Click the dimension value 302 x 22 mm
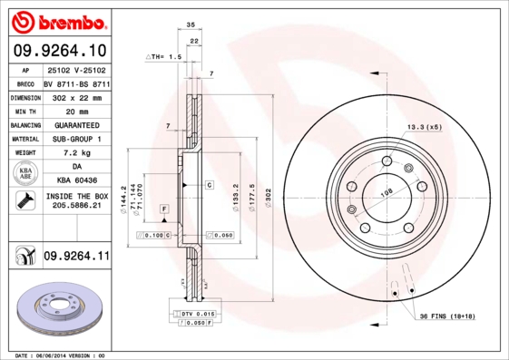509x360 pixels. (x=77, y=95)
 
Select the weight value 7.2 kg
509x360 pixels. (x=77, y=153)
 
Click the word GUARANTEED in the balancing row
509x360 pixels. (x=77, y=124)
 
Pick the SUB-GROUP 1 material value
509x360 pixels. (x=77, y=139)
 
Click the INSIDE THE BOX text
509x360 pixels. (x=77, y=197)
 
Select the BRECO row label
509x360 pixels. (x=25, y=82)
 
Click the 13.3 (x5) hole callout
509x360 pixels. (x=423, y=126)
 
